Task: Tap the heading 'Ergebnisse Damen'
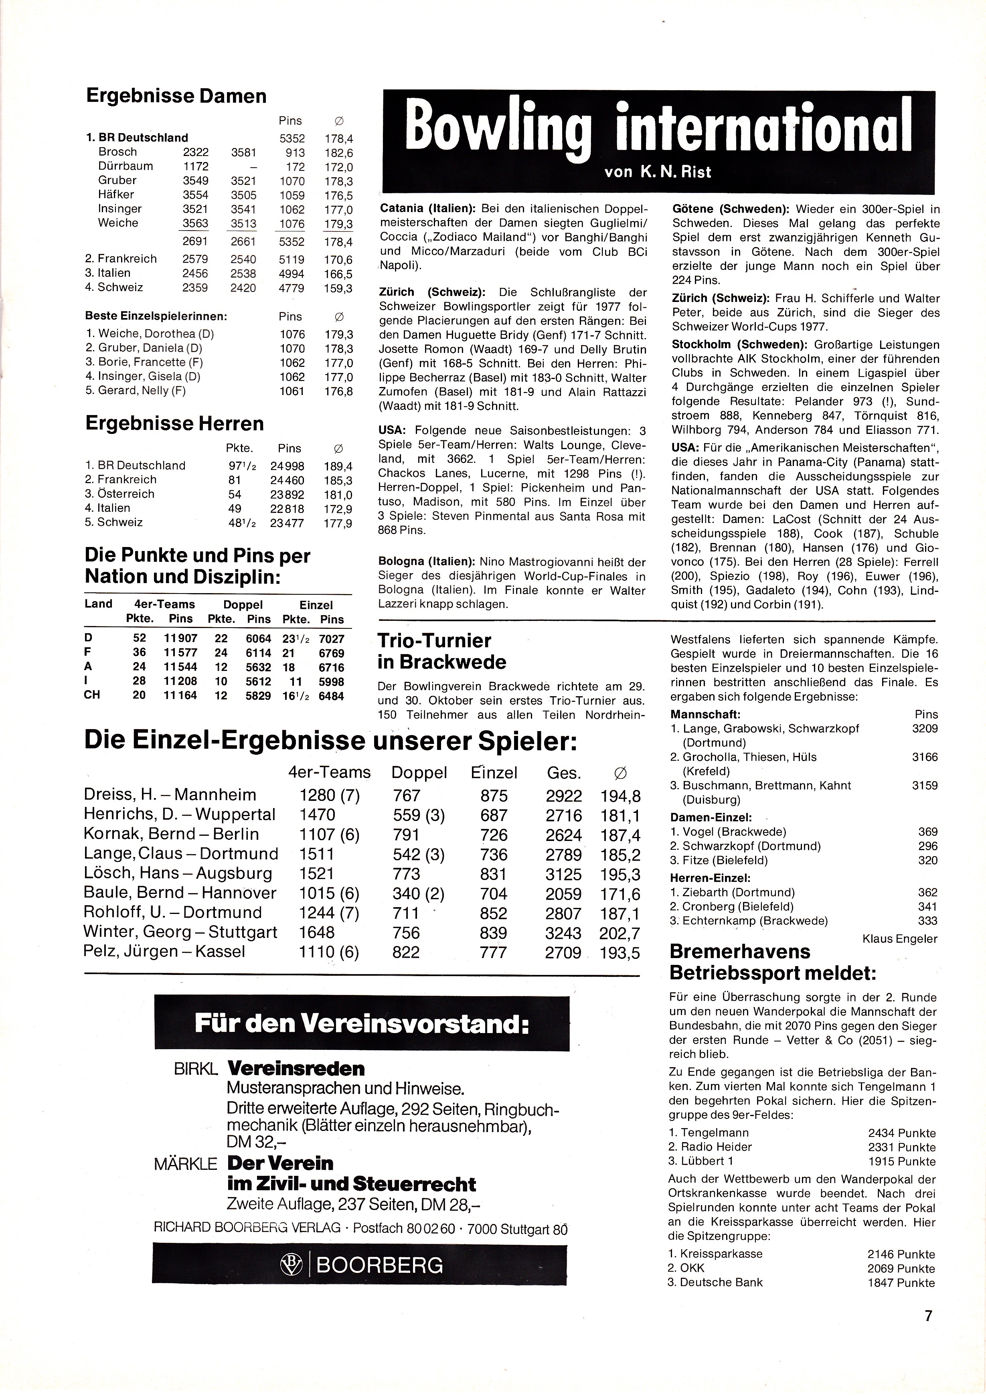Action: point(176,96)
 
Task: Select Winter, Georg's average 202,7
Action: point(620,932)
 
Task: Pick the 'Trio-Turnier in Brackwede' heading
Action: point(441,650)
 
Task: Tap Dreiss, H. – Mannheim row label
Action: point(170,795)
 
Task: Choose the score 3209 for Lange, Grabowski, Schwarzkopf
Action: point(925,728)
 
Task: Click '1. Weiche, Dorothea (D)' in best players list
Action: point(150,334)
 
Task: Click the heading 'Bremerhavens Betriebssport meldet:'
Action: point(772,962)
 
